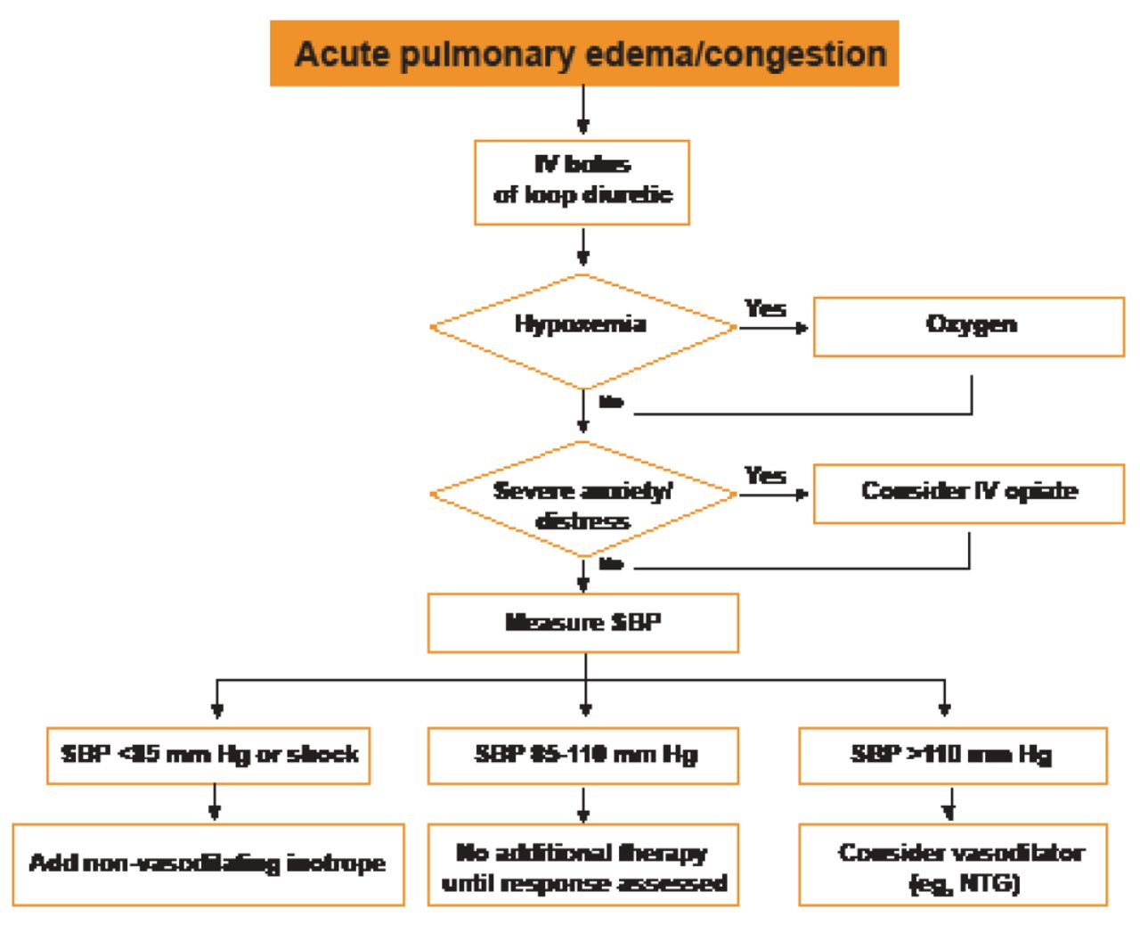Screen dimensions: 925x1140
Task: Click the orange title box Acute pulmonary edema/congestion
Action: point(584,53)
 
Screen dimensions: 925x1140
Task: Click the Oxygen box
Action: point(969,326)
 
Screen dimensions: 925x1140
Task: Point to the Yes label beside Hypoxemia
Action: point(765,308)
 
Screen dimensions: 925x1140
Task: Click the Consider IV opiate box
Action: point(969,493)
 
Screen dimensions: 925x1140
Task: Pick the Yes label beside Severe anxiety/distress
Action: point(765,475)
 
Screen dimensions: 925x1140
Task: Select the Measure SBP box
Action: point(583,623)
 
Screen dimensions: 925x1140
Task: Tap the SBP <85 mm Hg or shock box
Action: point(208,756)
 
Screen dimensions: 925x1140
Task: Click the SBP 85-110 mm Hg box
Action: point(583,756)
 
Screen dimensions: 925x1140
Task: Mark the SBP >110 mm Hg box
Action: point(952,756)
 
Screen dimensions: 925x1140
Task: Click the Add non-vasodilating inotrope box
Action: point(208,864)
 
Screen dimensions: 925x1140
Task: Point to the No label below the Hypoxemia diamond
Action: point(611,403)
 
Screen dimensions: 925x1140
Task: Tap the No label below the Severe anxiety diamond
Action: point(611,564)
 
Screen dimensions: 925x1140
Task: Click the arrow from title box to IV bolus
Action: point(582,111)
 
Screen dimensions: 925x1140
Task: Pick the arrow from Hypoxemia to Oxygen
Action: point(773,328)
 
